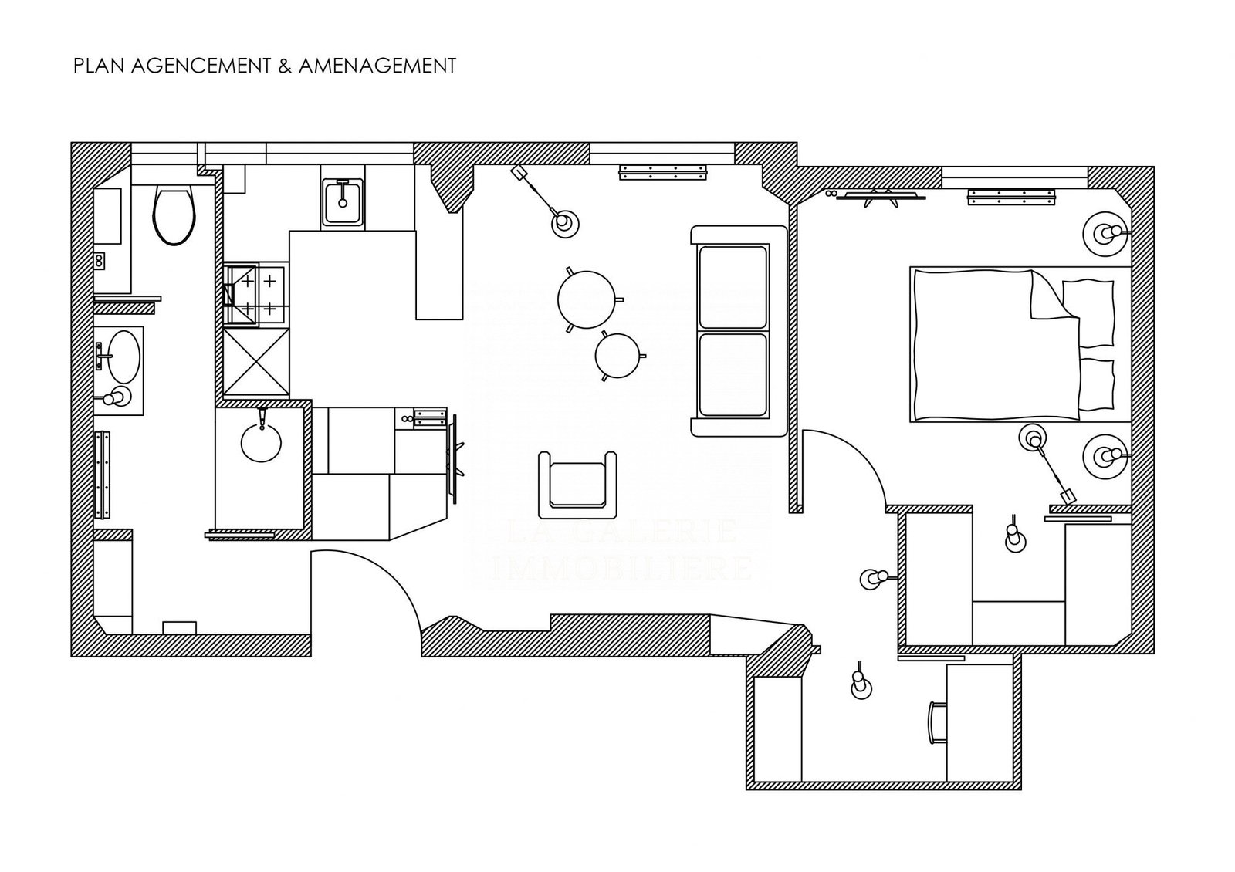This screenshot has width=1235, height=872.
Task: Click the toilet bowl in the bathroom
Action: coord(174,214)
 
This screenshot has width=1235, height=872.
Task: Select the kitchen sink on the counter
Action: coord(342,202)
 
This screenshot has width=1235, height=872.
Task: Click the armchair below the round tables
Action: coord(578,485)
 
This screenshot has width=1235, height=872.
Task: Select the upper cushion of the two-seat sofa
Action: coord(733,286)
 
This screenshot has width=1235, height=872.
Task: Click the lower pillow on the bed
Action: coord(1096,384)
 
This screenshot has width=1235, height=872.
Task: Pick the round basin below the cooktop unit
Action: coord(262,443)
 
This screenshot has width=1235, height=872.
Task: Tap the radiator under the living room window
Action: coord(663,174)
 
